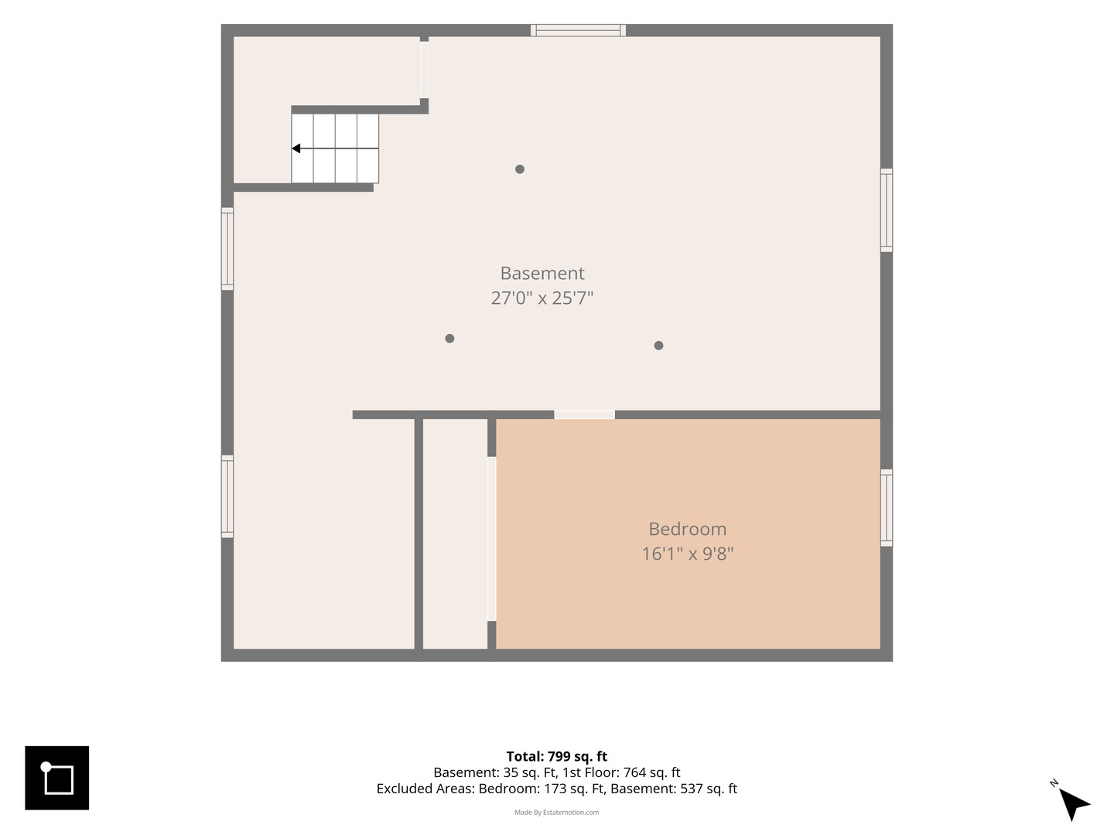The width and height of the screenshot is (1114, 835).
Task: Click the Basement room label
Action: pos(542,273)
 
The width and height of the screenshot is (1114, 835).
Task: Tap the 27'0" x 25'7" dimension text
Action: pos(542,298)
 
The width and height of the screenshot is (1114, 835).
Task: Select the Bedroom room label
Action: pos(687,529)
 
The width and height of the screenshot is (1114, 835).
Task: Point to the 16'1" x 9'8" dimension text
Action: pos(687,554)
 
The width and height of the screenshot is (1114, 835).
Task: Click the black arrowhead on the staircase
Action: pos(296,148)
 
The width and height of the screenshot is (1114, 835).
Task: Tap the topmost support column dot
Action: pos(520,169)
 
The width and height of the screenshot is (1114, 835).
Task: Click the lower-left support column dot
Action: pos(449,339)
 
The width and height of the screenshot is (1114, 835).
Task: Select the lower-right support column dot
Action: pos(659,346)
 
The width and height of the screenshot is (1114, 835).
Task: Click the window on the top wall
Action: pos(578,30)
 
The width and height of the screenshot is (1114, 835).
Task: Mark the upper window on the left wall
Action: pos(227,249)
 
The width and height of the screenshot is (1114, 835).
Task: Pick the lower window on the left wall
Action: pos(227,496)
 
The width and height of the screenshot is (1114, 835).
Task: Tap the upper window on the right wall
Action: pos(886,210)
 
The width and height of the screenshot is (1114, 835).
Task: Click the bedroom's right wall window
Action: pos(886,508)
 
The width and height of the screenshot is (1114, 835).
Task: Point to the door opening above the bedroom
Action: pos(584,415)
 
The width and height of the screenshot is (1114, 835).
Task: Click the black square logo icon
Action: pos(56,778)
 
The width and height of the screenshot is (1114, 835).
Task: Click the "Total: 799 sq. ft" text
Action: pos(557,756)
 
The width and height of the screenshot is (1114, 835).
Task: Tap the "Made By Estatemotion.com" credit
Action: pos(557,812)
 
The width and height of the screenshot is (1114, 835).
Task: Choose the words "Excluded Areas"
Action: pos(425,789)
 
